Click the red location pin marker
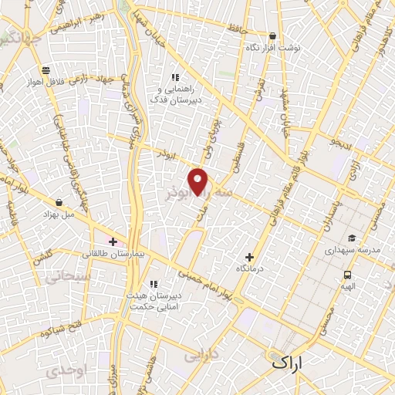pyautogui.click(x=199, y=181)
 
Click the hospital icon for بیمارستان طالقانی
pyautogui.click(x=113, y=241)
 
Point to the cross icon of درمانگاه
pyautogui.click(x=249, y=257)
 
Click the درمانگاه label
pyautogui.click(x=249, y=268)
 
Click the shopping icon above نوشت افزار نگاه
pyautogui.click(x=272, y=35)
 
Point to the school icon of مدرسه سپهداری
pyautogui.click(x=352, y=238)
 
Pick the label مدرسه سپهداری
pyautogui.click(x=349, y=250)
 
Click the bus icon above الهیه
pyautogui.click(x=349, y=275)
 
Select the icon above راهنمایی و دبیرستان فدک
pyautogui.click(x=175, y=77)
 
